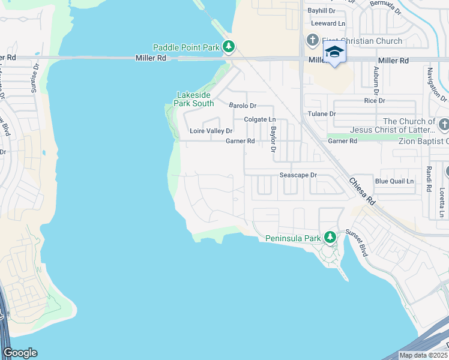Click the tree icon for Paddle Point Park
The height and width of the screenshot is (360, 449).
tap(228, 47)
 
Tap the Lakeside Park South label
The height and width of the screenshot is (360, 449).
tap(194, 99)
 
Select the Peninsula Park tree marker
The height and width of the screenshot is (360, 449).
tap(329, 238)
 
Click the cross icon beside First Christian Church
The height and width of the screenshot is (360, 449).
tap(312, 41)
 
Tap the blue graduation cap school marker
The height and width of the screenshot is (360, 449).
tap(334, 52)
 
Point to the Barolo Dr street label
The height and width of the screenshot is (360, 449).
tap(243, 106)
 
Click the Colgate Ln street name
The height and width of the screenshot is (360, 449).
tap(259, 119)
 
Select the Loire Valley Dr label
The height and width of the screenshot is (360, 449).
tap(211, 131)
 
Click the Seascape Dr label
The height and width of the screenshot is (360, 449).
tap(298, 175)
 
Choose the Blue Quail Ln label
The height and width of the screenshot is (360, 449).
tap(394, 181)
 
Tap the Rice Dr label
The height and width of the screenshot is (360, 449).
tap(375, 100)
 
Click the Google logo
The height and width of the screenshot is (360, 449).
tap(19, 353)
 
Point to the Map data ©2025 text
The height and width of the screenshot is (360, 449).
tap(423, 355)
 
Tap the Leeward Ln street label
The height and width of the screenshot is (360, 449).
tap(329, 23)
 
